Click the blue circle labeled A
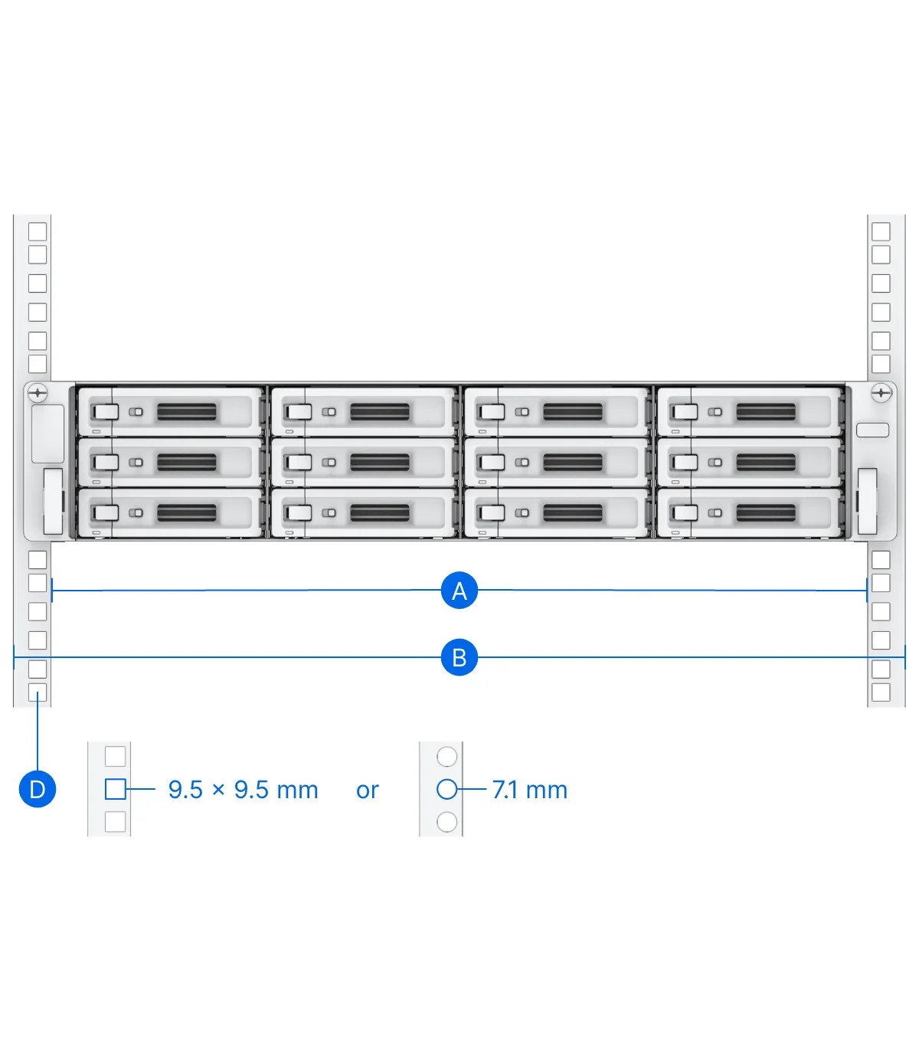click(x=459, y=590)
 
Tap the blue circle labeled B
click(x=459, y=657)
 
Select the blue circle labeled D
click(x=38, y=789)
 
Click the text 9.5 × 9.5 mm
click(x=244, y=790)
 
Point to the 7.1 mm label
click(x=530, y=790)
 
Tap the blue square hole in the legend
click(x=116, y=789)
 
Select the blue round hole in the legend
click(x=446, y=789)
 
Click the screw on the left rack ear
click(x=38, y=394)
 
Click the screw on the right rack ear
click(x=881, y=394)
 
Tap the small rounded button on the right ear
click(x=872, y=430)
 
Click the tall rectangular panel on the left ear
click(x=47, y=434)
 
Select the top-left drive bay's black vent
click(x=187, y=411)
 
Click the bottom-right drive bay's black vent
click(x=766, y=512)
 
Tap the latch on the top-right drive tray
click(x=686, y=411)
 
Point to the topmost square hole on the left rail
click(x=38, y=231)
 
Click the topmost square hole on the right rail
click(x=881, y=231)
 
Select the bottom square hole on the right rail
click(x=881, y=692)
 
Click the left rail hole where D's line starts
click(x=38, y=692)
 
